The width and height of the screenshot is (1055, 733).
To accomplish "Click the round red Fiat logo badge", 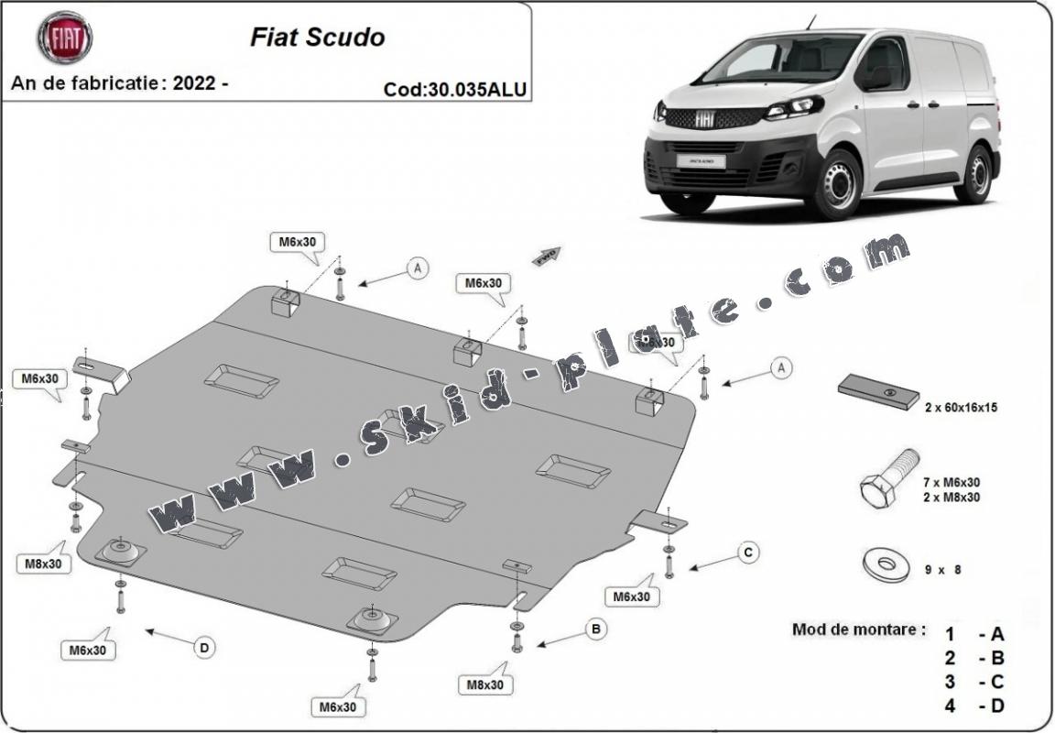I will tap(64, 38).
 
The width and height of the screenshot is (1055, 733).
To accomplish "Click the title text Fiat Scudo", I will tap(317, 38).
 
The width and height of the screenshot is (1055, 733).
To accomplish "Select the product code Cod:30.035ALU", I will tap(455, 89).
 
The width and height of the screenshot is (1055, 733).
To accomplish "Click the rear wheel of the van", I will tap(974, 174).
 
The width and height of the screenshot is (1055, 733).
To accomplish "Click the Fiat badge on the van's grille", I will tap(705, 118).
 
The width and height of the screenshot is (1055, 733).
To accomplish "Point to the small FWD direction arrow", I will tap(547, 256).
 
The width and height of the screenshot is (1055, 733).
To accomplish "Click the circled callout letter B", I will tap(595, 629).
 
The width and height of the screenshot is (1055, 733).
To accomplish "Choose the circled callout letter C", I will tap(748, 552).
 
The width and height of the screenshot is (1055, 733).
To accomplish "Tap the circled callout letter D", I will tap(204, 648).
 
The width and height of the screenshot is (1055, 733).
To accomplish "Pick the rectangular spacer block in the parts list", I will tap(878, 391).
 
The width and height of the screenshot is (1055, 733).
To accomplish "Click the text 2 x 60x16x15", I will tap(961, 408).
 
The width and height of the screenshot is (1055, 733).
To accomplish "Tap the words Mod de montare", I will tap(858, 630).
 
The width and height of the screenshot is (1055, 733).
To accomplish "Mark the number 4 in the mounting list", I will tap(951, 706).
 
